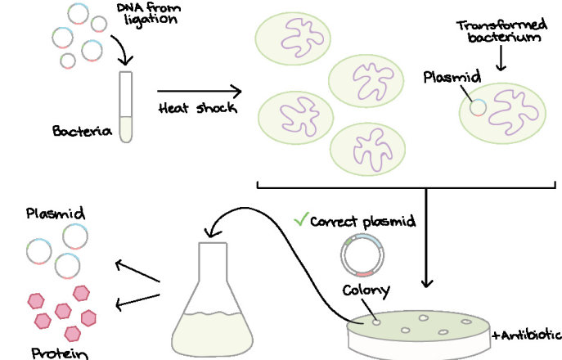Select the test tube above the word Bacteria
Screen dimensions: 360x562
pos(126,106)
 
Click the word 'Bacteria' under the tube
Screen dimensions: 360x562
pos(81,131)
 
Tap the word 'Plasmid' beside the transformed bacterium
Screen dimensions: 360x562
pos(452,78)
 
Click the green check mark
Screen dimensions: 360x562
pos(300,218)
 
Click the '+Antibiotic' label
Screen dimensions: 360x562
pos(526,335)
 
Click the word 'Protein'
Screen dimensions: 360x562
pos(56,353)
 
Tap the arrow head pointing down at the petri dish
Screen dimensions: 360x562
pos(425,283)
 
